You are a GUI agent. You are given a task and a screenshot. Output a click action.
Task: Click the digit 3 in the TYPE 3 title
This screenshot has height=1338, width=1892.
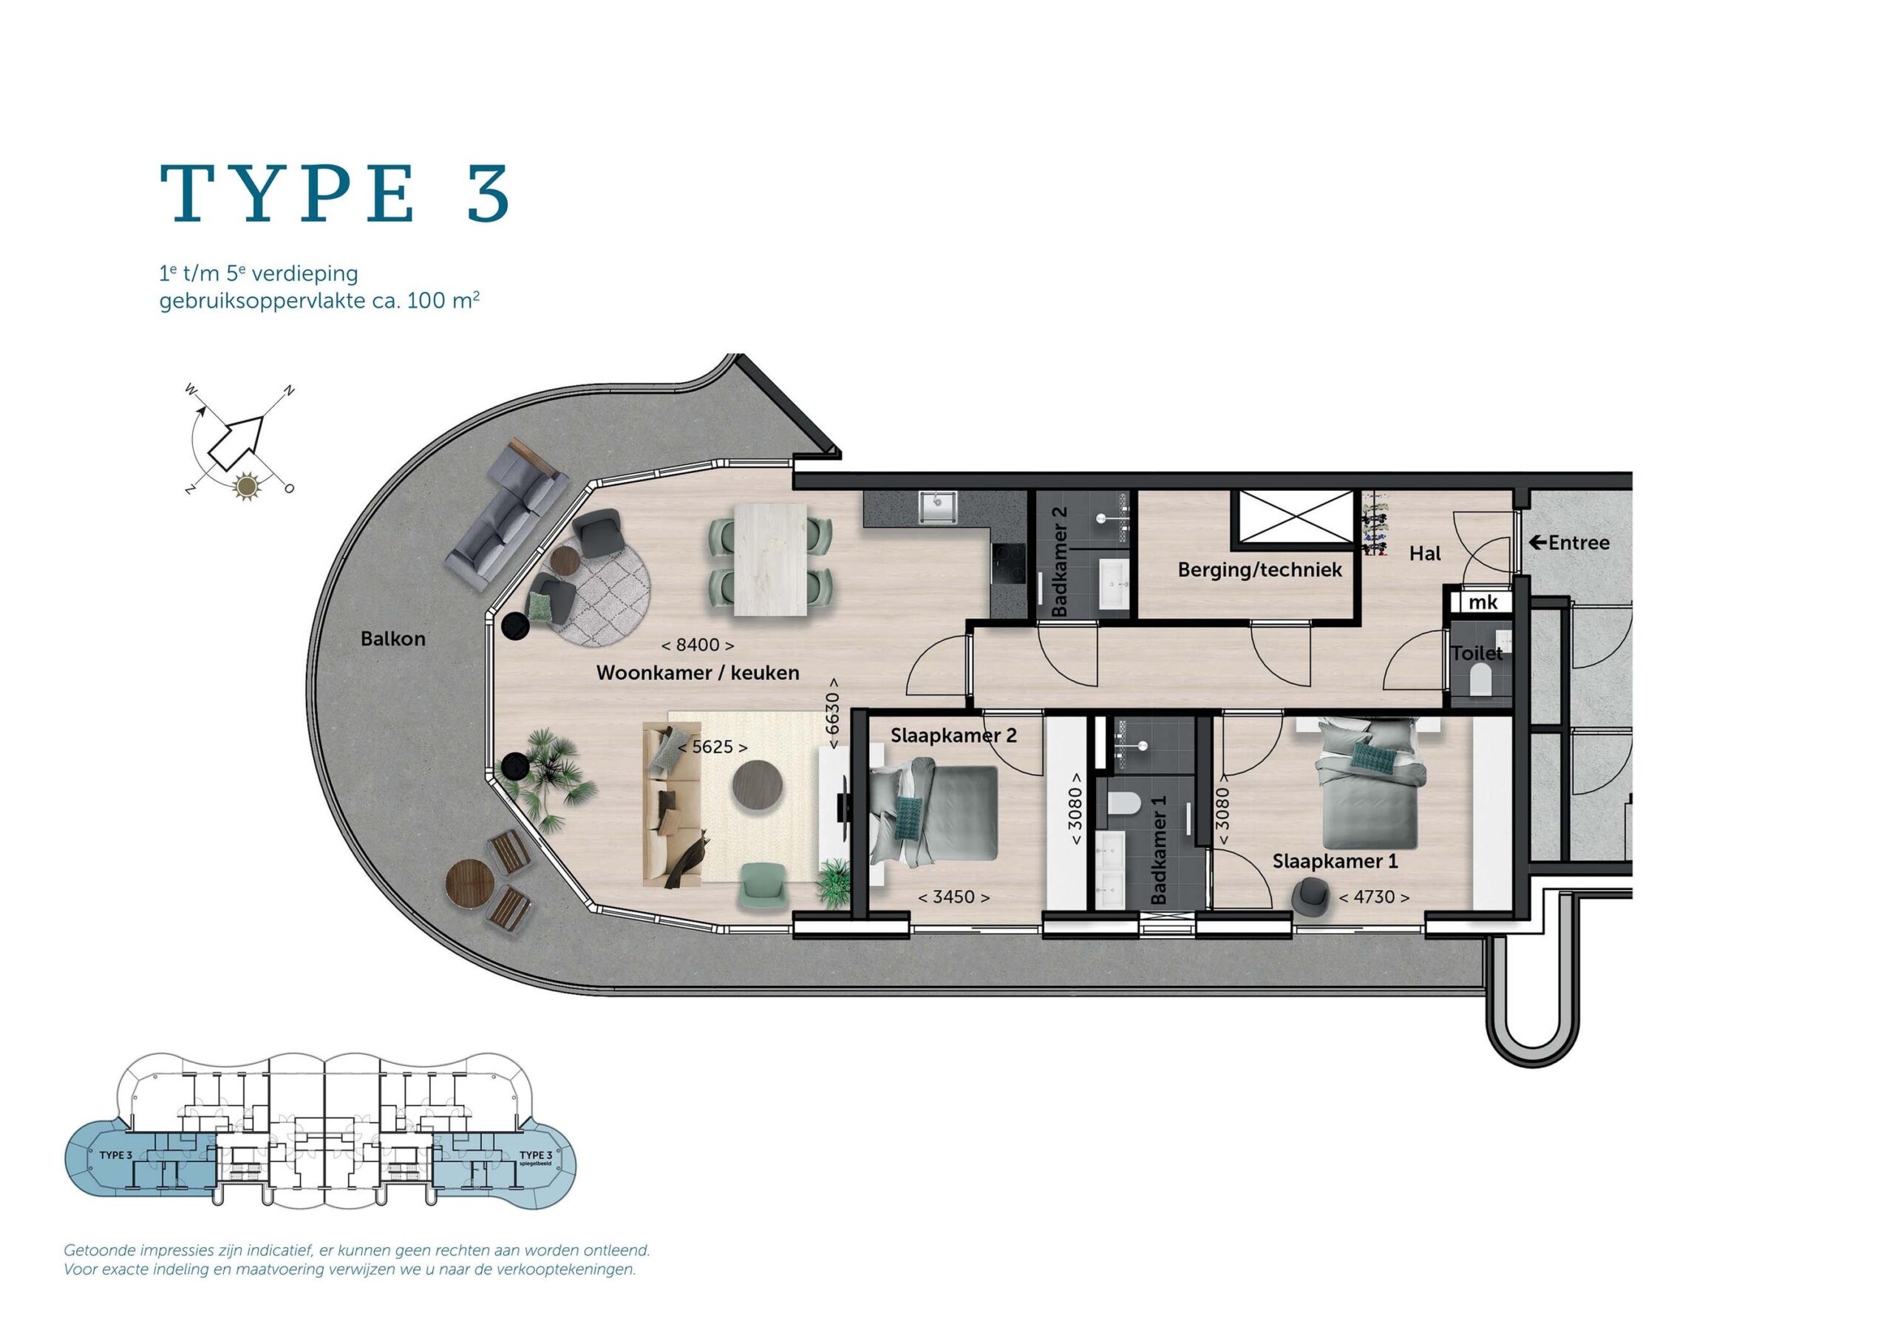click(x=489, y=194)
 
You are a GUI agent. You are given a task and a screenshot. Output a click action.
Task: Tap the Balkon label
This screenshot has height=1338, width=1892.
click(x=393, y=638)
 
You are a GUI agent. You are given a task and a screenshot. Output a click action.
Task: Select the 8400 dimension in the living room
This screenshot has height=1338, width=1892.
click(x=698, y=645)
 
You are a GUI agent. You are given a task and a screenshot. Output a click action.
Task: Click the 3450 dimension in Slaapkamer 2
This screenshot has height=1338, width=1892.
click(x=953, y=897)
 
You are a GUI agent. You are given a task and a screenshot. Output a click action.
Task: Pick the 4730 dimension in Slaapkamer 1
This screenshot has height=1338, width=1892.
click(x=1374, y=897)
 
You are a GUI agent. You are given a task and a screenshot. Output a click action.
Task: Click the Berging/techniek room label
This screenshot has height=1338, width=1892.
click(x=1260, y=570)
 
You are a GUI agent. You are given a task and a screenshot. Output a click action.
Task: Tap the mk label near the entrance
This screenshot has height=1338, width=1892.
click(x=1483, y=602)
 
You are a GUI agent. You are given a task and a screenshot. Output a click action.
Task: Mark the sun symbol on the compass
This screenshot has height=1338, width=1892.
click(x=245, y=487)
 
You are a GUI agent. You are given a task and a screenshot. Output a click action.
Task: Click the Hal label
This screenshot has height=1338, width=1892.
click(x=1425, y=553)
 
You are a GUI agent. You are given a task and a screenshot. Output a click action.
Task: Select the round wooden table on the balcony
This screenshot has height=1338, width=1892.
click(x=470, y=884)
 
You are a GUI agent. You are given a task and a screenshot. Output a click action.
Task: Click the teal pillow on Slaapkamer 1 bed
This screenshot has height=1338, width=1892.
click(x=1372, y=755)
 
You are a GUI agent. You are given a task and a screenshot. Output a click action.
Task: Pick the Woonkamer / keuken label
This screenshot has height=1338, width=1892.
click(x=697, y=673)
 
